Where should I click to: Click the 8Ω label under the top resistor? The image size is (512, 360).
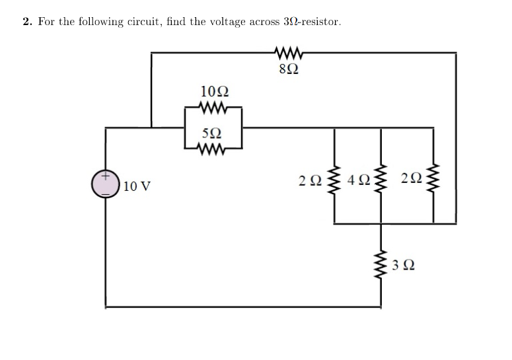pyautogui.click(x=285, y=67)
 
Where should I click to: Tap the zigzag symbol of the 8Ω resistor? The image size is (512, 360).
pyautogui.click(x=285, y=50)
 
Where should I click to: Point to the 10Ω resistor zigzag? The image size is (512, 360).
pyautogui.click(x=213, y=106)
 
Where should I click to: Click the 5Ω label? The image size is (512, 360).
pyautogui.click(x=212, y=135)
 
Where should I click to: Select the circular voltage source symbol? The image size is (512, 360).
pyautogui.click(x=106, y=184)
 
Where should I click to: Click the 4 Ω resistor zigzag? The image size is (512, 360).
pyautogui.click(x=381, y=180)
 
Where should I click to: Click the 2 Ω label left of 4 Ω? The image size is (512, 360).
pyautogui.click(x=310, y=180)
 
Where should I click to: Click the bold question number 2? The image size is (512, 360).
pyautogui.click(x=27, y=22)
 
